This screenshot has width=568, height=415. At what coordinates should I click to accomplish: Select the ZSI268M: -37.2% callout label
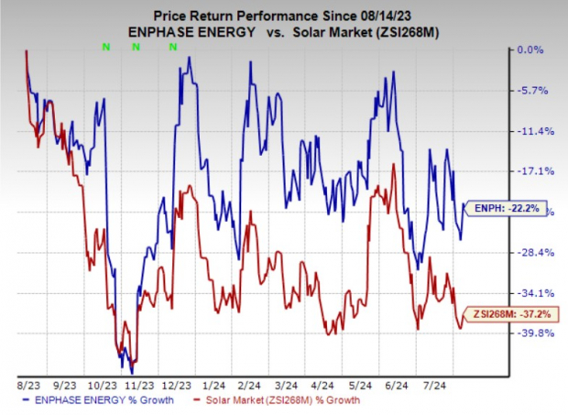coord(513,313)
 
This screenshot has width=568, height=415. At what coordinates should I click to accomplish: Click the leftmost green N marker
coord(106,46)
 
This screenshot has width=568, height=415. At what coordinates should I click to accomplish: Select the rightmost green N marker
coord(172,46)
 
